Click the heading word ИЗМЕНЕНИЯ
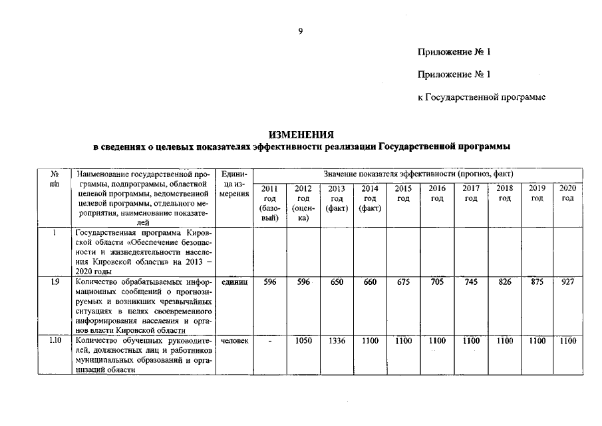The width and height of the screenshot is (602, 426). click(301, 134)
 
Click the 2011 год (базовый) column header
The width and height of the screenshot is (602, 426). click(269, 203)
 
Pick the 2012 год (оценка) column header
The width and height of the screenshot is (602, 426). click(303, 203)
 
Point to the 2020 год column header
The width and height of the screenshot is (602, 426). click(567, 194)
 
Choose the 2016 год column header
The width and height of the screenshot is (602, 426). click(437, 194)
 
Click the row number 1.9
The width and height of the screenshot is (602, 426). click(54, 283)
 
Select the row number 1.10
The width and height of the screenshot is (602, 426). click(55, 341)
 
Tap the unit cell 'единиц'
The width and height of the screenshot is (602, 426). click(235, 283)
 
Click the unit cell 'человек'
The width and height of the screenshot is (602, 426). click(235, 341)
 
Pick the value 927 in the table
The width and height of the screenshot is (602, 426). click(567, 282)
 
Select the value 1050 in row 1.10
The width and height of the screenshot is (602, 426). click(303, 341)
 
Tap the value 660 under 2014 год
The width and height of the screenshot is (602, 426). click(370, 282)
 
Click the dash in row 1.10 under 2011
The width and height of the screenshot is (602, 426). click(269, 341)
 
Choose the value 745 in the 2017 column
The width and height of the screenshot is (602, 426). click(471, 282)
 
